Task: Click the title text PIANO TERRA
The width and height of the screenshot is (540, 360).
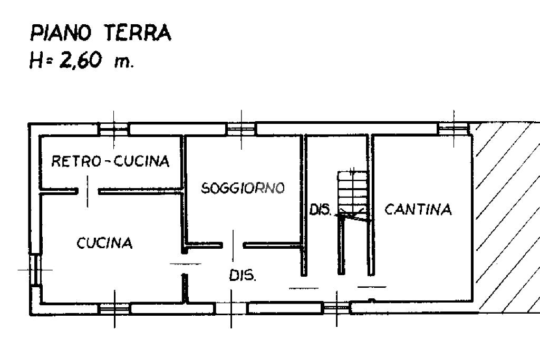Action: [x=100, y=33]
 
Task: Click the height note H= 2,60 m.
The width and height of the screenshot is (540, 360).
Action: [x=82, y=61]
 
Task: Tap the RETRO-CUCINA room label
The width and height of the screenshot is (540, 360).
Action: [x=110, y=161]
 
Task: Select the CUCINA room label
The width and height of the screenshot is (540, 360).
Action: [x=104, y=243]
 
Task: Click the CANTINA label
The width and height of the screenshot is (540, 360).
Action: [x=418, y=209]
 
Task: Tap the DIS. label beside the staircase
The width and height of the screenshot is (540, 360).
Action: [x=320, y=211]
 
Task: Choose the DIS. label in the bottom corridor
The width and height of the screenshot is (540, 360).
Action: [x=243, y=275]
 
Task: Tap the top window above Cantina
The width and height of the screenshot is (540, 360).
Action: [x=453, y=127]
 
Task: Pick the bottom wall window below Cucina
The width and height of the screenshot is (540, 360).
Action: [x=114, y=308]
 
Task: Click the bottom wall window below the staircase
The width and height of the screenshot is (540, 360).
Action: [x=336, y=307]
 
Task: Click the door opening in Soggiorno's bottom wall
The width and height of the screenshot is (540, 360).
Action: [x=233, y=245]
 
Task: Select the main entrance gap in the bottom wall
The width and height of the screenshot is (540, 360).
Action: [x=231, y=308]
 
